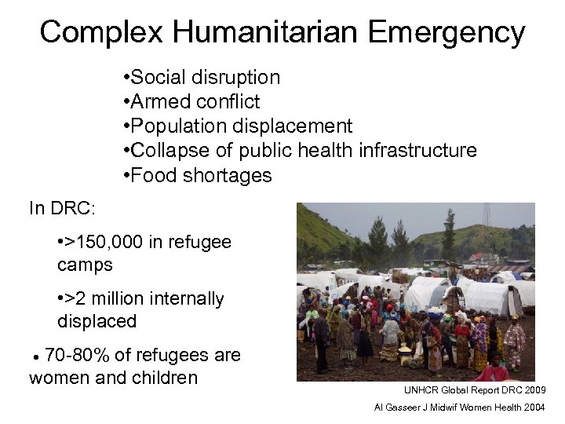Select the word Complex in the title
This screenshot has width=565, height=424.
[x=102, y=32]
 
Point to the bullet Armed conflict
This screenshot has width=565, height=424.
[x=195, y=102]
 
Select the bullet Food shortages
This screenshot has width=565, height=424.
[x=202, y=175]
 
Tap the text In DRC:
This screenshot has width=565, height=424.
[x=62, y=209]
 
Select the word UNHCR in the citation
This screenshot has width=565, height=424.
[x=419, y=390]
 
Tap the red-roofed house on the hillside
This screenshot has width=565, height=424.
[x=477, y=256]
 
